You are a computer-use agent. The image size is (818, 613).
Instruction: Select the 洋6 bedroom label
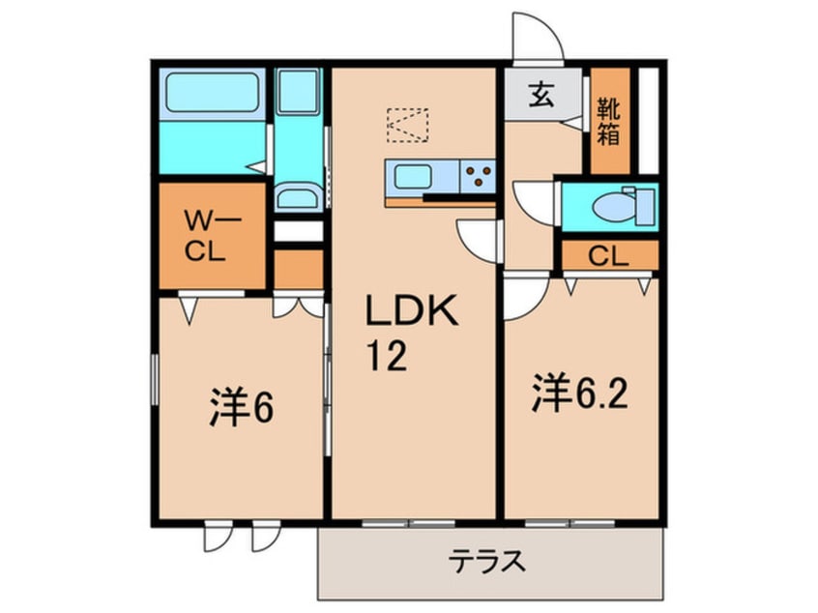[241, 407]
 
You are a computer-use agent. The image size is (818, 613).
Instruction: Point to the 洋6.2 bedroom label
[581, 394]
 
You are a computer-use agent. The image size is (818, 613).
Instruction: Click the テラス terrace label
[488, 561]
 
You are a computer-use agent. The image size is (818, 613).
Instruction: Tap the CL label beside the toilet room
[609, 256]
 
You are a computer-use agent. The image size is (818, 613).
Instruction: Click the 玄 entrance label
[540, 96]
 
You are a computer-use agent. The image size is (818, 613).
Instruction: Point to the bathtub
[210, 94]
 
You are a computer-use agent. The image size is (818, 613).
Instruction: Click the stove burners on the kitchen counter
[478, 177]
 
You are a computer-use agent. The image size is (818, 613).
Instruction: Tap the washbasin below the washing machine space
[297, 200]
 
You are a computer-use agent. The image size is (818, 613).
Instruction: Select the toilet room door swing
[535, 202]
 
